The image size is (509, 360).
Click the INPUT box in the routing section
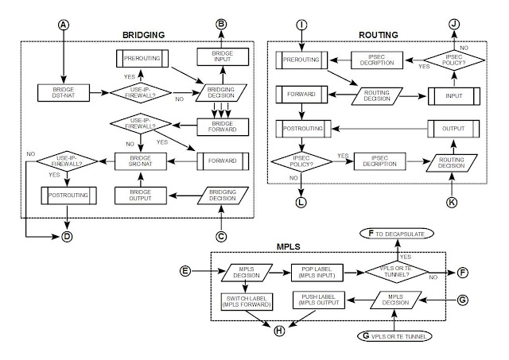(x=450, y=93)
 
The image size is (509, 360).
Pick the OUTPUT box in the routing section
(x=450, y=126)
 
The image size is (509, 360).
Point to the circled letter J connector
(x=453, y=25)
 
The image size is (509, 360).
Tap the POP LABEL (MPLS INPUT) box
(x=316, y=271)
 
